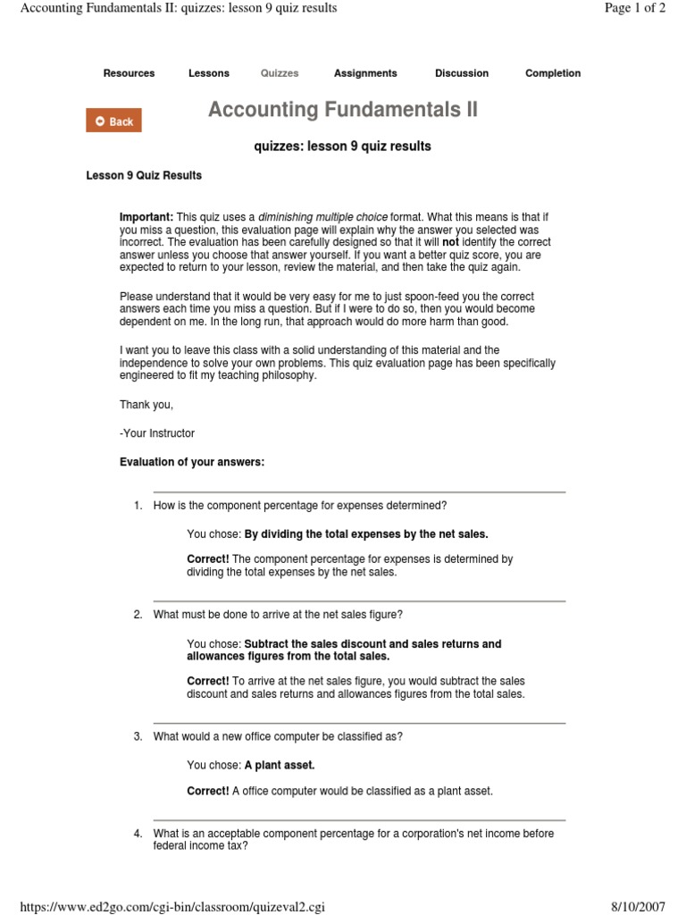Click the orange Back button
(113, 122)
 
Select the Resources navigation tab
(129, 73)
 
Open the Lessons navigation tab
(209, 73)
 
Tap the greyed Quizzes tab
(280, 73)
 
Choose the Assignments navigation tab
(365, 73)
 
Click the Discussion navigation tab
(462, 73)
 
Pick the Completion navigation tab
(553, 73)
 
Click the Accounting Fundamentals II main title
(343, 110)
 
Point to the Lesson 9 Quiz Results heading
(144, 175)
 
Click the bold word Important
(146, 217)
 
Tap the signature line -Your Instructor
(157, 433)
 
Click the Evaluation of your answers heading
(192, 462)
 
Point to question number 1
(138, 506)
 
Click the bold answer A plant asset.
(280, 765)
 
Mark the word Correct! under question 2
(208, 681)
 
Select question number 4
(138, 834)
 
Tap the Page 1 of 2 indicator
(635, 8)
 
